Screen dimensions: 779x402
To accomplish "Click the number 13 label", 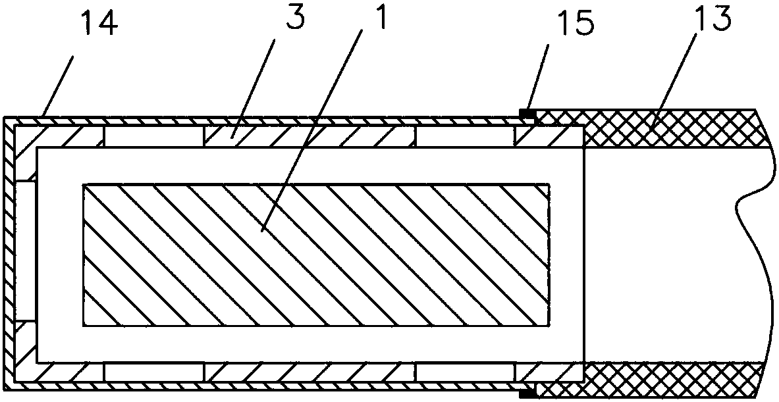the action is (713, 20).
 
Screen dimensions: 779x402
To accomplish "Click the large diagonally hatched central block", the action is (315, 255).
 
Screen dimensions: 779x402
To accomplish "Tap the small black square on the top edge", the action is (527, 115).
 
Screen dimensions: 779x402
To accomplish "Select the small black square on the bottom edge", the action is (526, 393).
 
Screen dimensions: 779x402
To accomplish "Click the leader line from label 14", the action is (59, 86).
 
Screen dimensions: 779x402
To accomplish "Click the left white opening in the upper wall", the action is (153, 136).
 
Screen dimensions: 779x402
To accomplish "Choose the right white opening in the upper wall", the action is (465, 136).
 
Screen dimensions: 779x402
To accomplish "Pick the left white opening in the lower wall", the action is (153, 372).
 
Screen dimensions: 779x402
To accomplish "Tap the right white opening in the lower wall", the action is (465, 372).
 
